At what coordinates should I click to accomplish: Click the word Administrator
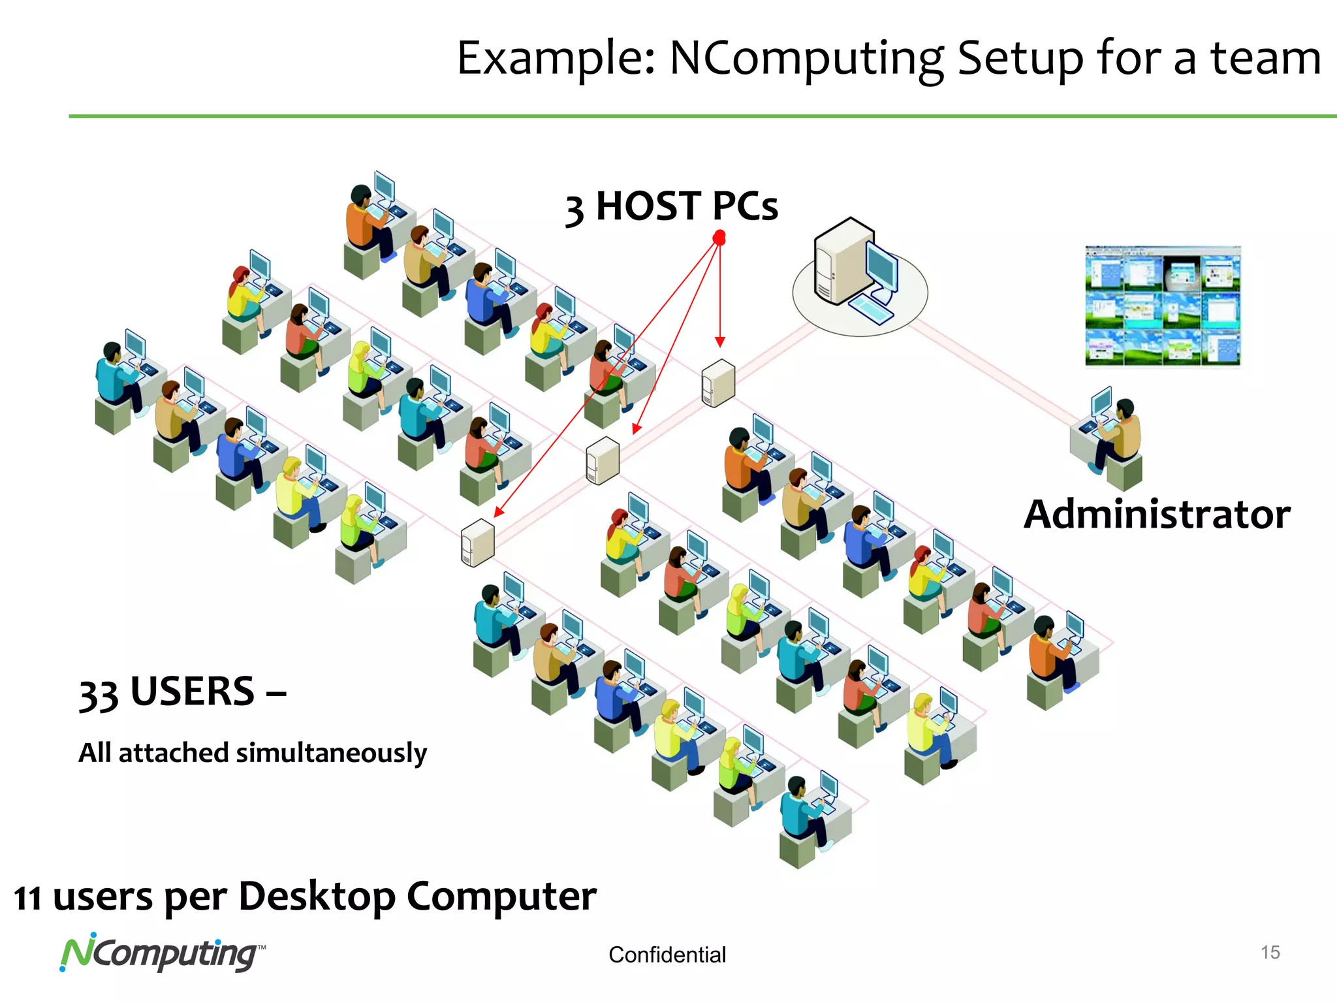1156,515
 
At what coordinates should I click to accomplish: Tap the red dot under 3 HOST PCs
719,238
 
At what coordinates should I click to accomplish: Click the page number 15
1270,952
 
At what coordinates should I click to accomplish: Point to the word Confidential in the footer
667,955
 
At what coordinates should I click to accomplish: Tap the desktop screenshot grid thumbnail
1162,306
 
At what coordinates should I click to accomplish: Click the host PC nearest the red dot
718,383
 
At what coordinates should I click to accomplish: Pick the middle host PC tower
602,460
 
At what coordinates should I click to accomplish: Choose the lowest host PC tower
477,543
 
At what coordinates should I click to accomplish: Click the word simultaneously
331,753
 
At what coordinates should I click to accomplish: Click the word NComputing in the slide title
807,59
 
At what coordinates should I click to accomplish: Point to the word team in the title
1266,59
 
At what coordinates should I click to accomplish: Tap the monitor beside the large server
882,268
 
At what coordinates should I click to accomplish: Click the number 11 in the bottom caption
27,899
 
